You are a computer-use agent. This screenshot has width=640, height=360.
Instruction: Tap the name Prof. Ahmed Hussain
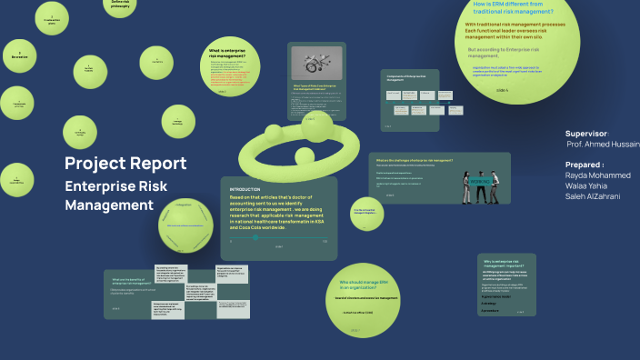coord(602,145)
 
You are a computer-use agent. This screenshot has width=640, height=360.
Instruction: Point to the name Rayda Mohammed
coord(597,175)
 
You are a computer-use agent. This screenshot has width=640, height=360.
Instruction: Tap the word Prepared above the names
coord(583,165)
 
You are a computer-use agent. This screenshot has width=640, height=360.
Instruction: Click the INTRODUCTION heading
coord(245,189)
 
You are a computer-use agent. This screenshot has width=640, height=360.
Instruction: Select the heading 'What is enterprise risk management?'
coord(228,54)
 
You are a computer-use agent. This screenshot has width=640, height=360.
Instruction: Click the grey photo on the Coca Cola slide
coord(315,63)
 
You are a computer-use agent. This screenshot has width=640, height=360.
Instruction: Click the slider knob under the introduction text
coord(255,237)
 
